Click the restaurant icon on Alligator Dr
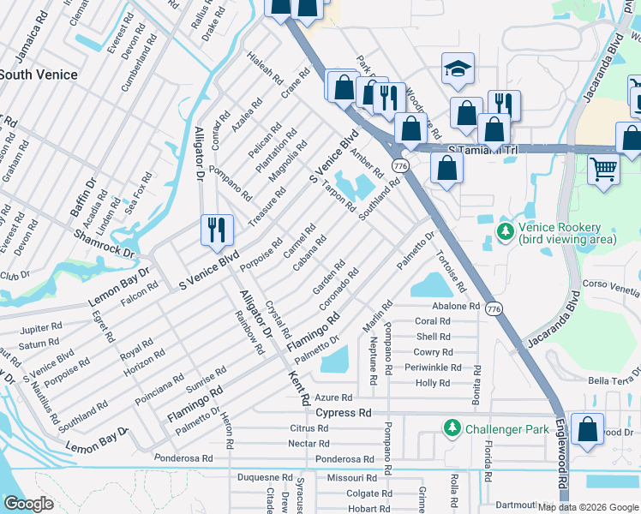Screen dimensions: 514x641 [x=216, y=230]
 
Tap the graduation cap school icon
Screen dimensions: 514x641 [x=458, y=69]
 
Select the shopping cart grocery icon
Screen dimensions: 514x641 [x=603, y=169]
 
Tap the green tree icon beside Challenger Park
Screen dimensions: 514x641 [x=451, y=427]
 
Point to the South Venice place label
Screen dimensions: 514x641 [x=39, y=75]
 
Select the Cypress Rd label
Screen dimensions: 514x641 [x=343, y=412]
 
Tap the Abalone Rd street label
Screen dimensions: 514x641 [x=457, y=306]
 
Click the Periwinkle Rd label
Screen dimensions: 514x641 [x=434, y=368]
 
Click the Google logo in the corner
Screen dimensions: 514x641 [x=28, y=504]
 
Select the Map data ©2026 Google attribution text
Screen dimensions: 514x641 [x=588, y=507]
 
